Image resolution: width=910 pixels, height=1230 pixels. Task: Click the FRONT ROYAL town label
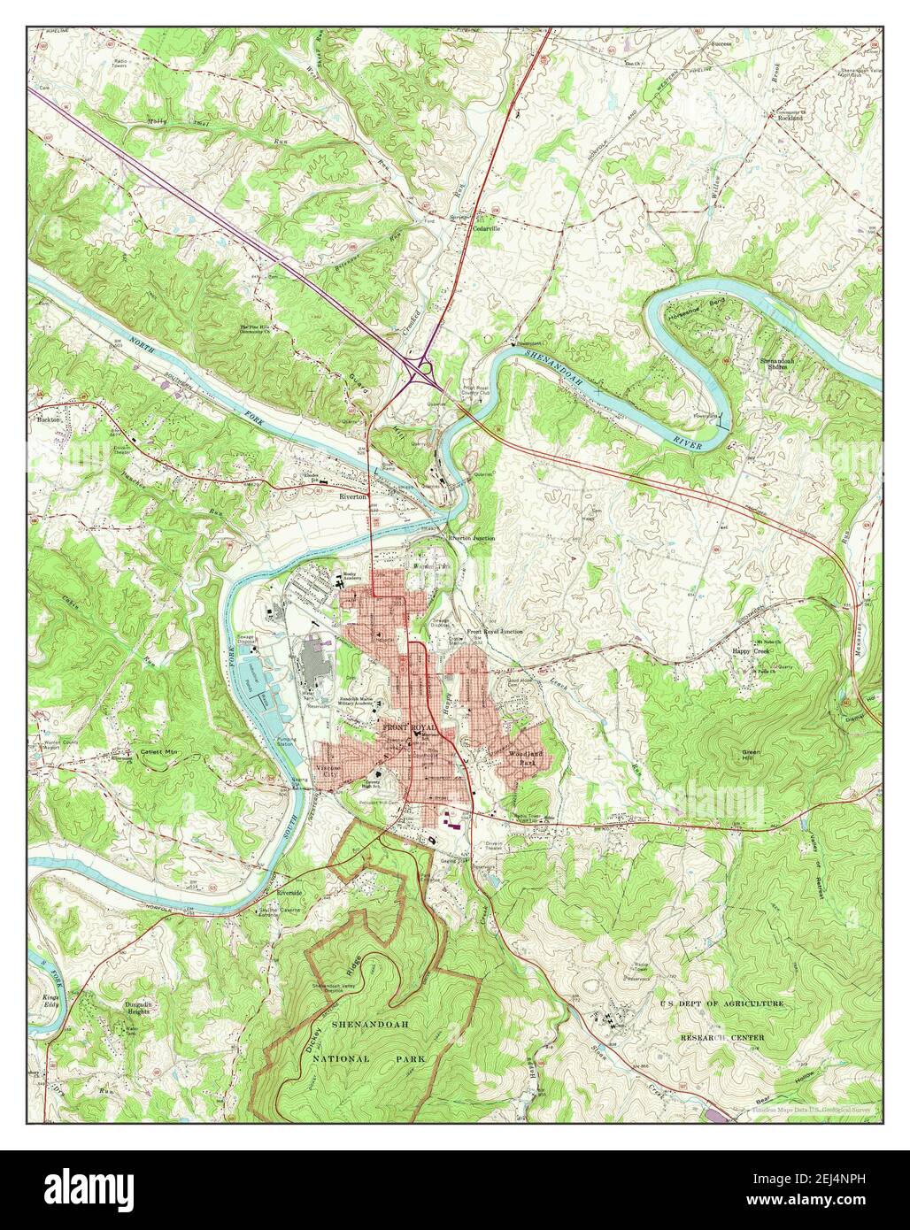click(x=409, y=726)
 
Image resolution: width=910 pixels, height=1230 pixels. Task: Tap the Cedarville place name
click(x=486, y=227)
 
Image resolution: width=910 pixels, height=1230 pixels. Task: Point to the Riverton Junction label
click(x=471, y=537)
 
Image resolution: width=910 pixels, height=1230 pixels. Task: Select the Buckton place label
click(x=45, y=419)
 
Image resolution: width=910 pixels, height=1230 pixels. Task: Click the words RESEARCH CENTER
click(x=721, y=1036)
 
